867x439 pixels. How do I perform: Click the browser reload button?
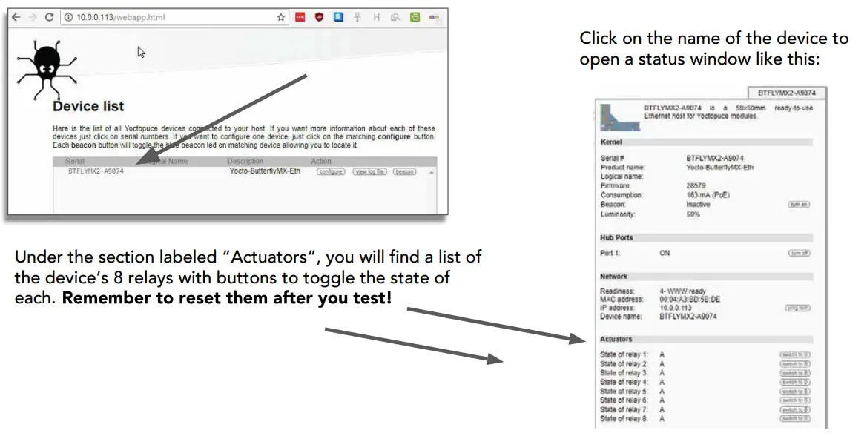coord(50,16)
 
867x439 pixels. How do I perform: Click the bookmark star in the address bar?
coord(281,16)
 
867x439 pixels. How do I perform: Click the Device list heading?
coord(88,107)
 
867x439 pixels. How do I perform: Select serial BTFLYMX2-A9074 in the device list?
coord(96,171)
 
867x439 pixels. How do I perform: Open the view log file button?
coord(369,171)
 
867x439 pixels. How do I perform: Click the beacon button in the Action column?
coord(404,171)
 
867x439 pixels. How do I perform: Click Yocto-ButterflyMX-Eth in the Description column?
coord(265,171)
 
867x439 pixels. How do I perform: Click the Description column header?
coord(245,161)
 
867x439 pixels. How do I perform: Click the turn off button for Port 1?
coord(799,253)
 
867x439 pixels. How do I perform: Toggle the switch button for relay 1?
coord(795,354)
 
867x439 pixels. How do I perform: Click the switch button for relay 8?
coord(795,419)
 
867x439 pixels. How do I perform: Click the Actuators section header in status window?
coord(616,339)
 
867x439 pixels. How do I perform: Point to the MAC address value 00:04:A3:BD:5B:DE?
coord(689,300)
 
